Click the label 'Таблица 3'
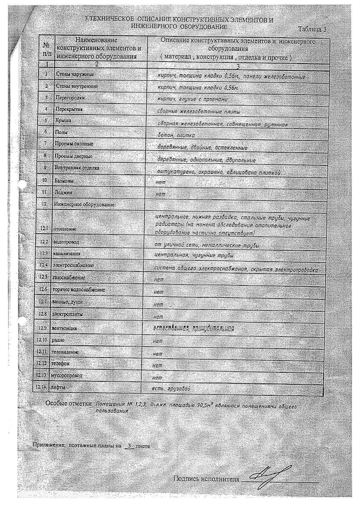(x=312, y=29)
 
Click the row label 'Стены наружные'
(x=71, y=75)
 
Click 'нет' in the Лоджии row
(x=160, y=194)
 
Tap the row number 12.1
(x=45, y=229)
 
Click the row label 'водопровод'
(x=66, y=242)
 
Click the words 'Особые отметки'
(x=69, y=403)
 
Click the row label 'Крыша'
(x=63, y=121)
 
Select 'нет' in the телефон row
(x=157, y=365)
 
